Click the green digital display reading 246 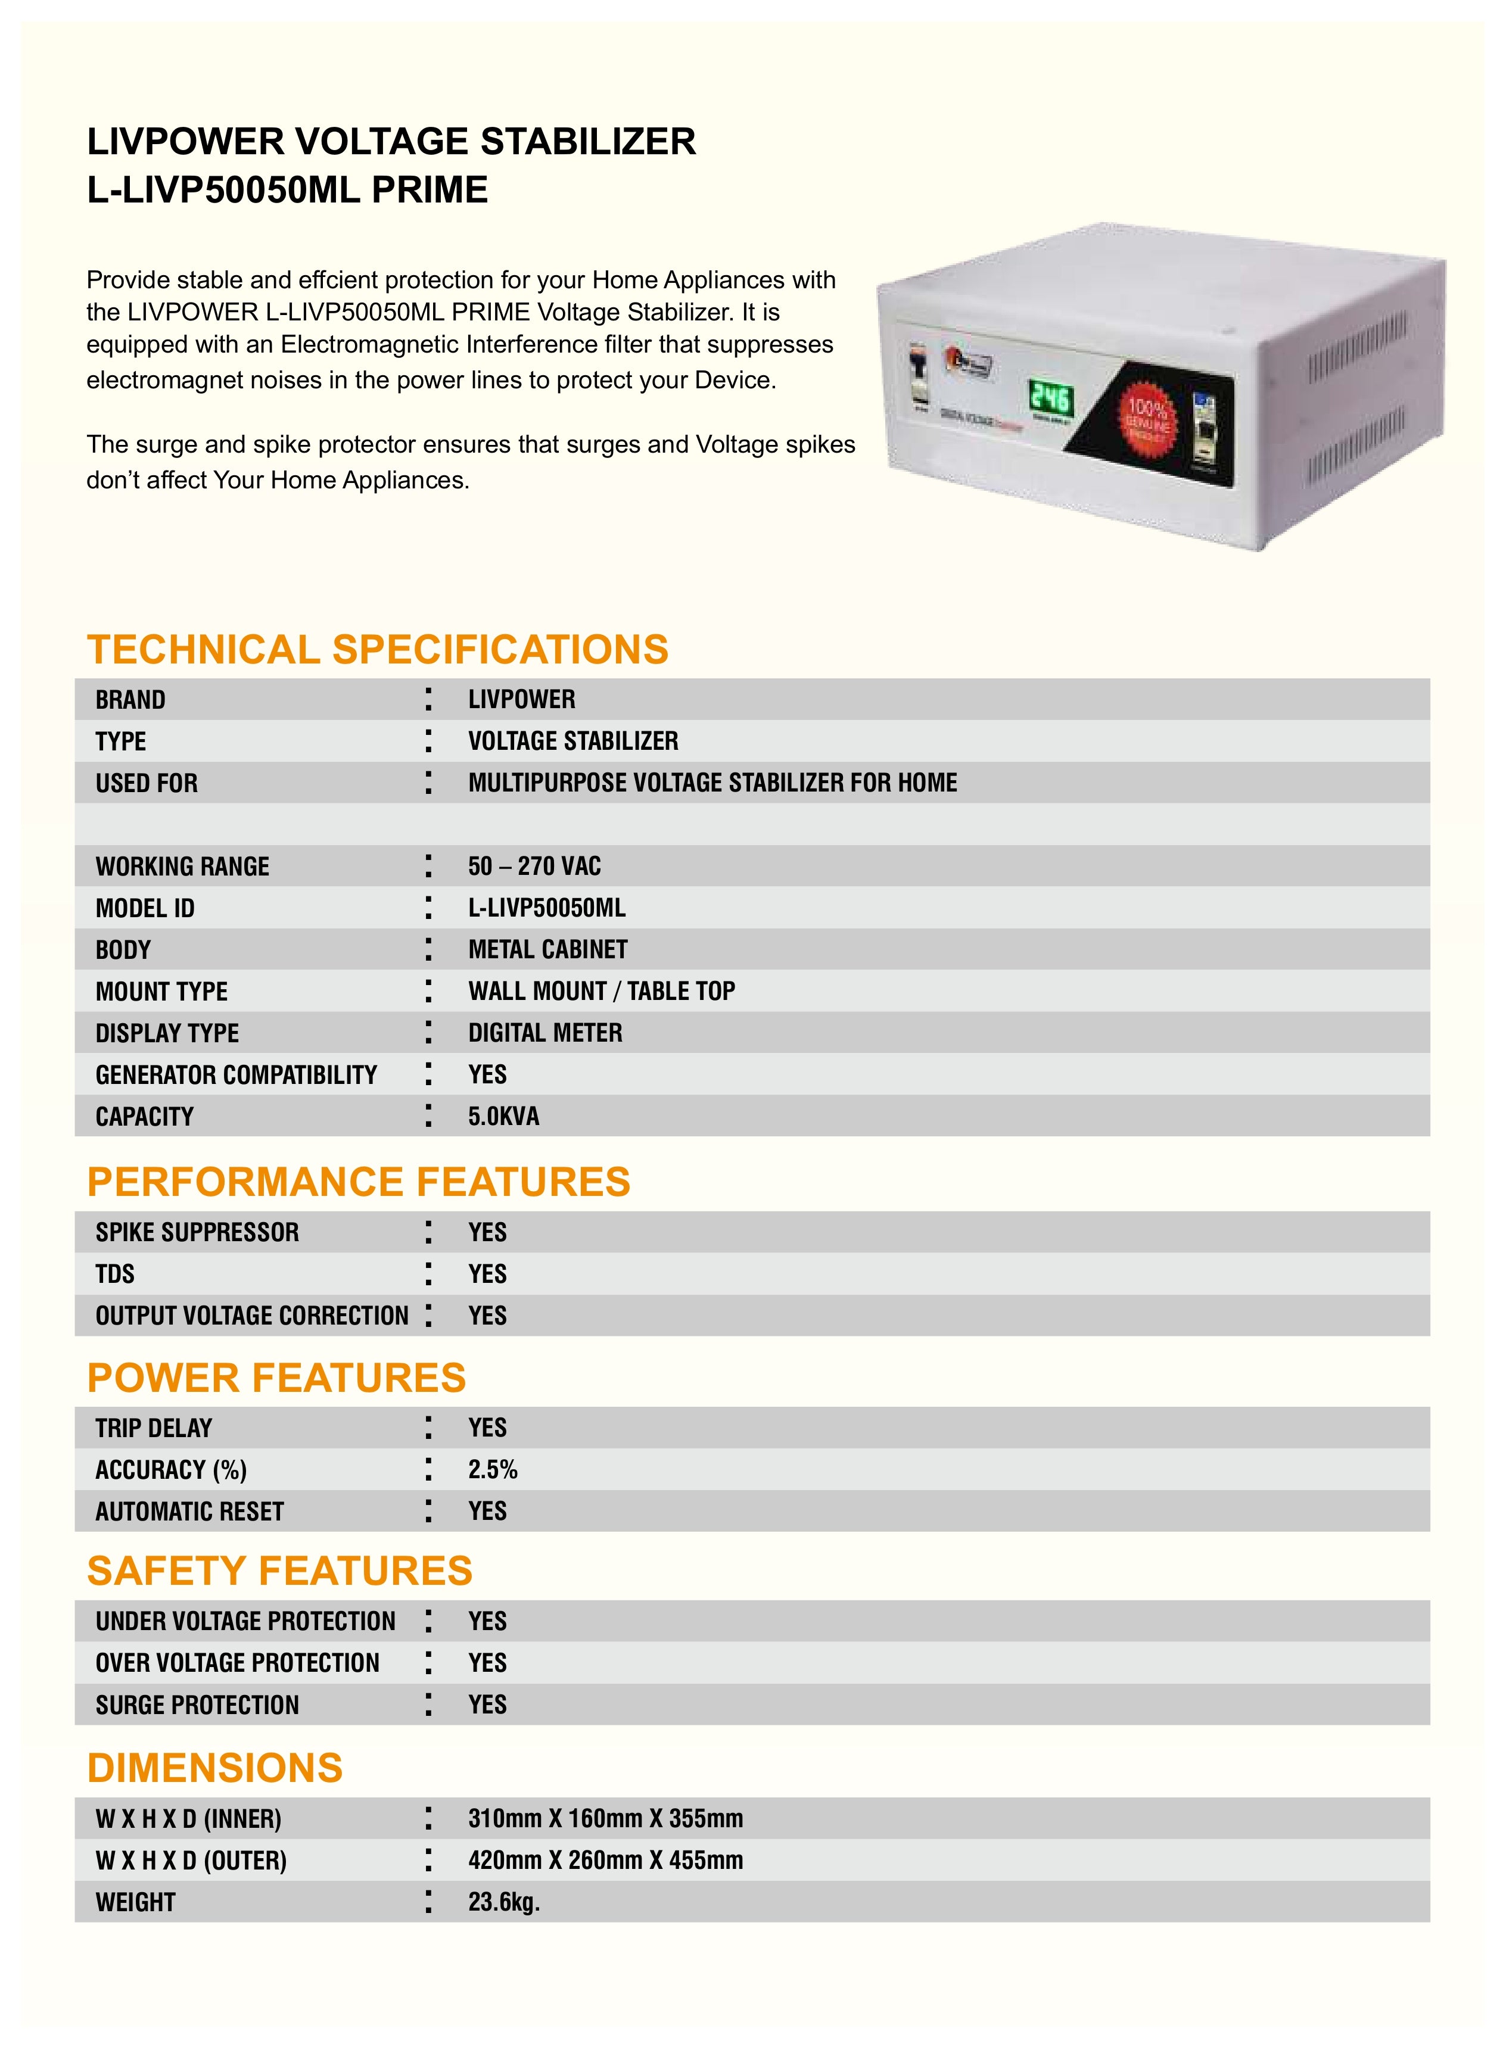(x=1051, y=398)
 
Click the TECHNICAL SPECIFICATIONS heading (x=378, y=650)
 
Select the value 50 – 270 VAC (x=534, y=866)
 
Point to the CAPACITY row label (x=144, y=1117)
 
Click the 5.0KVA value (x=503, y=1117)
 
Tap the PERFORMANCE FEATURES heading (x=358, y=1182)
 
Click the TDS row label (x=115, y=1273)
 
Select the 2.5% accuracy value (x=492, y=1469)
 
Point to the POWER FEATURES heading (x=276, y=1378)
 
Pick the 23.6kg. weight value (x=504, y=1902)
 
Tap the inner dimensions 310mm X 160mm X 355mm (x=605, y=1818)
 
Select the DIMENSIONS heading (x=214, y=1768)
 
